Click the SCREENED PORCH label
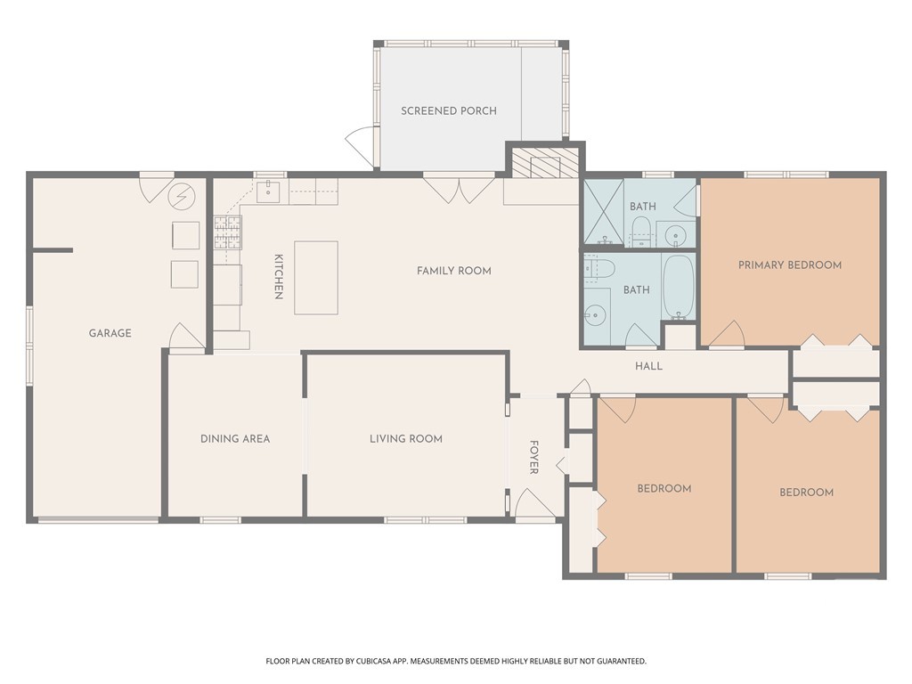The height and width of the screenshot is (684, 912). [x=449, y=111]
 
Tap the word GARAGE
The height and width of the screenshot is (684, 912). [x=110, y=333]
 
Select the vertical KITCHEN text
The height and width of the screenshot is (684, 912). [x=278, y=277]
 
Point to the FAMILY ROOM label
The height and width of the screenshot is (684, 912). [x=453, y=271]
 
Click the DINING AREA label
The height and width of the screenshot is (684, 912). [x=235, y=438]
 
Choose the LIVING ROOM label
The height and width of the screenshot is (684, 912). [x=406, y=438]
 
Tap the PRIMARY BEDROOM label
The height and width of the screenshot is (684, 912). [x=789, y=265]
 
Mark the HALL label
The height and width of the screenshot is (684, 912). [x=648, y=366]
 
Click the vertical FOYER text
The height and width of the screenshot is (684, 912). [x=534, y=457]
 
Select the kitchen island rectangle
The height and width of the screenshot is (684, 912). [x=316, y=277]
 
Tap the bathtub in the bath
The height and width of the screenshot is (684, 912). [x=679, y=288]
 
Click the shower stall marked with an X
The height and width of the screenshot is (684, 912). [x=603, y=211]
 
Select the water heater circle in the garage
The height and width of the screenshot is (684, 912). [x=182, y=194]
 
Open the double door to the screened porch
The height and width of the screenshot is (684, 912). [x=459, y=188]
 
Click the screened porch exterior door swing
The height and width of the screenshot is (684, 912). [x=362, y=142]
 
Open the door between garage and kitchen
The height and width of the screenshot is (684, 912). [x=188, y=338]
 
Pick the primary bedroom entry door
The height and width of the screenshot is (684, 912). [x=727, y=335]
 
